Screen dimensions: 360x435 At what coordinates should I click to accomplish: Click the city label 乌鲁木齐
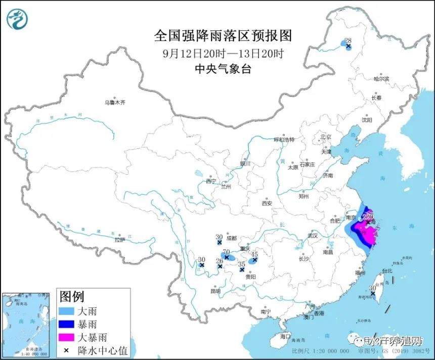tap(115, 102)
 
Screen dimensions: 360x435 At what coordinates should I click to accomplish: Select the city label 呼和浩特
tap(284, 139)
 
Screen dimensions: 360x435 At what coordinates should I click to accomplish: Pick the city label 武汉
tap(312, 235)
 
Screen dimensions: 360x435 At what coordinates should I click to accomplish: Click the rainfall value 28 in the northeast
tap(347, 41)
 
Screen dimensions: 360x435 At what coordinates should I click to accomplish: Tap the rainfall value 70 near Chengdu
tap(227, 252)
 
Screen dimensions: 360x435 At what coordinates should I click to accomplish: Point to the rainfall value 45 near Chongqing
tap(255, 254)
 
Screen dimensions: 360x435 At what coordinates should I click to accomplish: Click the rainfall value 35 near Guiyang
tap(242, 264)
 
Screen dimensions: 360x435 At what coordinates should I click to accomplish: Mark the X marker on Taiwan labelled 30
tap(373, 293)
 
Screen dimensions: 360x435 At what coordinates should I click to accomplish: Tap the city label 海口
tap(285, 336)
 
